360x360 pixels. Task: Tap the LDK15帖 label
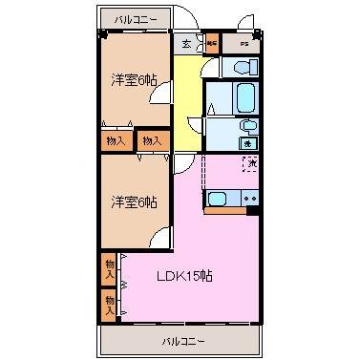click(x=184, y=277)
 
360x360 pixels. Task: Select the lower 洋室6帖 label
click(x=133, y=201)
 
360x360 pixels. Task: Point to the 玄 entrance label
click(x=185, y=43)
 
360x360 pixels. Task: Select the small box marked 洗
click(x=245, y=143)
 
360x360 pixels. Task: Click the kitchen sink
click(x=218, y=199)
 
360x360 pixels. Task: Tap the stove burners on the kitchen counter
click(x=250, y=199)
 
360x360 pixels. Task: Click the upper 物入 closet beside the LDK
click(x=110, y=266)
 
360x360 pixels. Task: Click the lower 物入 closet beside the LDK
click(x=110, y=303)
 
